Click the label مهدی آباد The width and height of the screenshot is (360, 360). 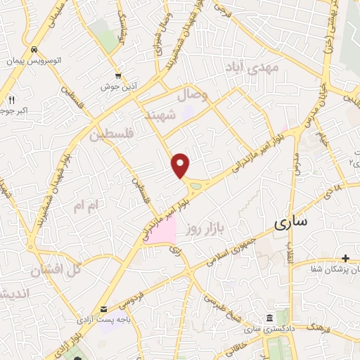point(252,68)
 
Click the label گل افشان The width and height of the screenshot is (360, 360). point(58,269)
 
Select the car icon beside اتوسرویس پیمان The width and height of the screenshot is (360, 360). point(34,49)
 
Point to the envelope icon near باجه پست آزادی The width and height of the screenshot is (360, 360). point(104,309)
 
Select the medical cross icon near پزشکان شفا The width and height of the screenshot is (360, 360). point(345,259)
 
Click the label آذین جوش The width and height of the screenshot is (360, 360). point(117,86)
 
